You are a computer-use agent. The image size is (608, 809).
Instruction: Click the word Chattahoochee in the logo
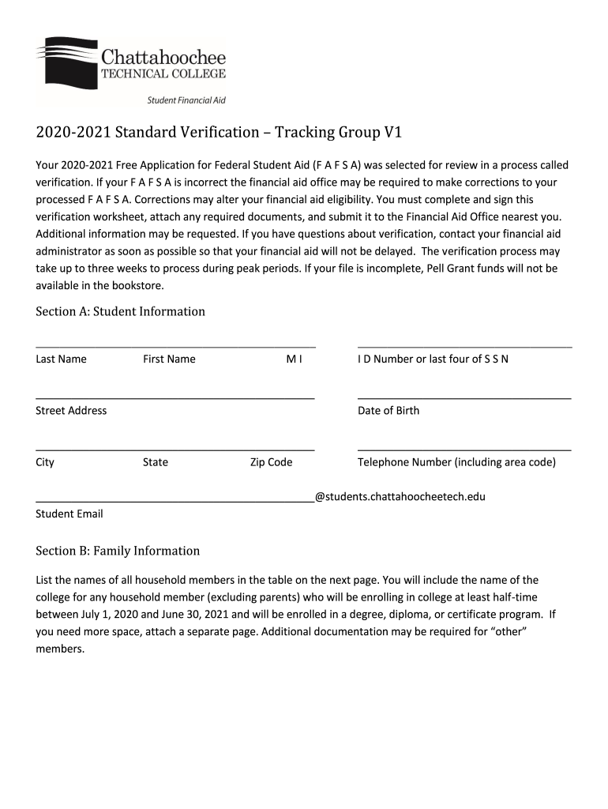(x=163, y=57)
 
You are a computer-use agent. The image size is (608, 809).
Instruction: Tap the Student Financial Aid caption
(x=187, y=100)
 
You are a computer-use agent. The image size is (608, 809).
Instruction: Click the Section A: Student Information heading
(x=120, y=311)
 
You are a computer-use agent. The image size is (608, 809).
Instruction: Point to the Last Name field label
(x=61, y=359)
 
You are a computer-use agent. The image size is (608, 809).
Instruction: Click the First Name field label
(x=169, y=359)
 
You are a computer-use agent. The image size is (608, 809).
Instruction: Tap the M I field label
(x=294, y=359)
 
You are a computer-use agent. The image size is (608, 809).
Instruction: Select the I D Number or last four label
(x=433, y=359)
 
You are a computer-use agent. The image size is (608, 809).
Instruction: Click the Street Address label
(x=71, y=410)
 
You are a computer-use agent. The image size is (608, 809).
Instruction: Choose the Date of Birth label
(x=388, y=410)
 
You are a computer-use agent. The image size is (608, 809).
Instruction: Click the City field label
(x=45, y=462)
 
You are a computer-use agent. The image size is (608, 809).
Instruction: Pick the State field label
(x=156, y=462)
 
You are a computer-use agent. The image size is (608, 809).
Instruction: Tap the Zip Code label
(x=271, y=462)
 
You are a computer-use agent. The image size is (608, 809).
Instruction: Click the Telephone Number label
(x=456, y=462)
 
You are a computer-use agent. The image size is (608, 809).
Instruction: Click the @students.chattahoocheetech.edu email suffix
(x=400, y=497)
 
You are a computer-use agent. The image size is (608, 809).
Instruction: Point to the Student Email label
(x=69, y=514)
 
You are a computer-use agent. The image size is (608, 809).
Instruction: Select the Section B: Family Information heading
(x=118, y=551)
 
